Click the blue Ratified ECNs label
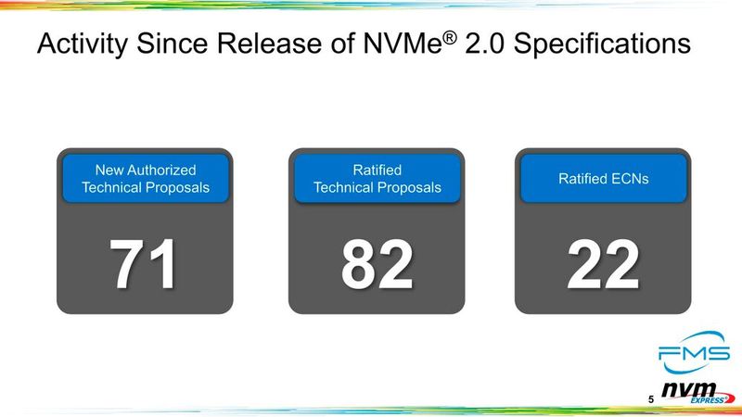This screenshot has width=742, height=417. [603, 178]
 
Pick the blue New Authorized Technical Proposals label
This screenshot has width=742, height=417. [146, 178]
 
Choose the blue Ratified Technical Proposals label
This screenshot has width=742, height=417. [377, 178]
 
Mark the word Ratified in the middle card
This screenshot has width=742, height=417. [377, 170]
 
